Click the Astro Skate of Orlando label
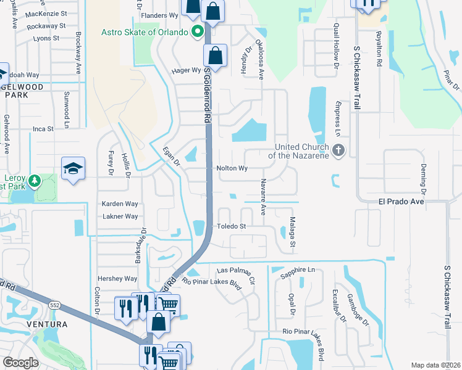[x=145, y=32]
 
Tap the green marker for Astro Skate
[x=198, y=31]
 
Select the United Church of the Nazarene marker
[x=338, y=150]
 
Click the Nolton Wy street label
[x=232, y=168]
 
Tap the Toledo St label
[x=231, y=226]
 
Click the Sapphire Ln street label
[x=297, y=271]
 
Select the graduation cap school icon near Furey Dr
[x=73, y=169]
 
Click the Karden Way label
[x=120, y=203]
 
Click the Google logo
[x=20, y=363]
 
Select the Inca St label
[x=43, y=129]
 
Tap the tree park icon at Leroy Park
[x=35, y=181]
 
